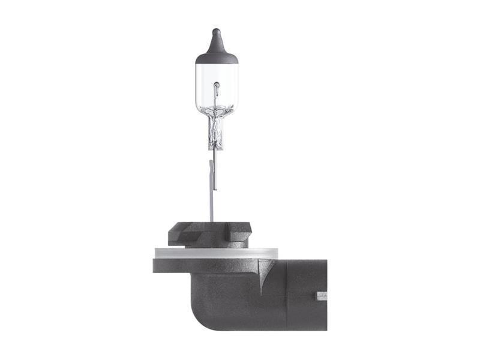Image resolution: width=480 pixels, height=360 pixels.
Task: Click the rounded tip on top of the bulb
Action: (x=217, y=31)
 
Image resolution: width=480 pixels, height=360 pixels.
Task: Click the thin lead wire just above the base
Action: (x=211, y=204)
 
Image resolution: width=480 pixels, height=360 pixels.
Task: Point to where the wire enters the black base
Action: (x=211, y=223)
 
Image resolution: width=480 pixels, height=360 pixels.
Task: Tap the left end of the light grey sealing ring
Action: (x=158, y=253)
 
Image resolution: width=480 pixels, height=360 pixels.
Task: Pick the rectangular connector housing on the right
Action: (x=307, y=294)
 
